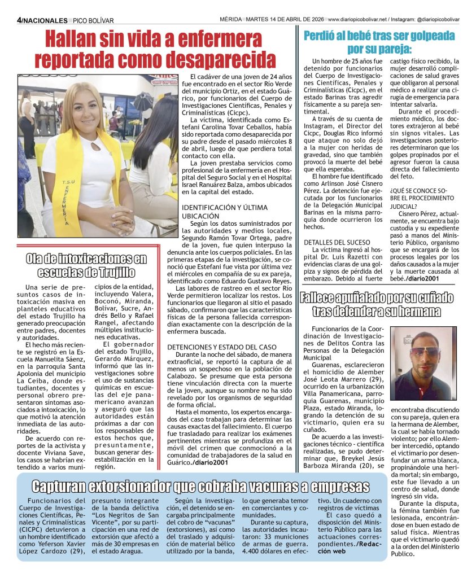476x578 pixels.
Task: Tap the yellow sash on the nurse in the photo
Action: tap(68, 186)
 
